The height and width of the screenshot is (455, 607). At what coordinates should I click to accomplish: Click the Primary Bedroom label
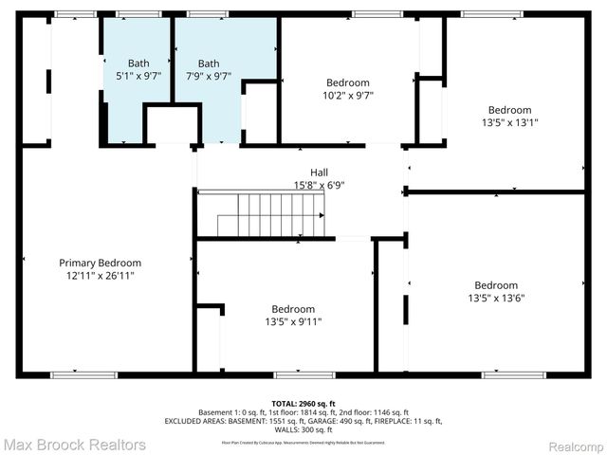100,263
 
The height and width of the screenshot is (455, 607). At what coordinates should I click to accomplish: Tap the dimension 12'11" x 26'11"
100,276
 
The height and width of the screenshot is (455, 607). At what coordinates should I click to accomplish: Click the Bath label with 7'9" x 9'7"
208,64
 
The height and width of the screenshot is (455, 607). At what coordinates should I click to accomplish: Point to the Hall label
319,173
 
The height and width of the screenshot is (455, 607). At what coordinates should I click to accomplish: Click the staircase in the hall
271,215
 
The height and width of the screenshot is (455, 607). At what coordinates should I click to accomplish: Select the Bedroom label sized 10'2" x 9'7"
348,82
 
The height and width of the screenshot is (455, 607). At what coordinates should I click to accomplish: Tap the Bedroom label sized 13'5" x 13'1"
509,109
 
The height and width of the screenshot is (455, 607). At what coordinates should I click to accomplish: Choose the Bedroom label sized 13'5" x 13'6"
496,285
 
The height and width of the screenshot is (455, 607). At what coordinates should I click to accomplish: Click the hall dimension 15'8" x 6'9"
319,186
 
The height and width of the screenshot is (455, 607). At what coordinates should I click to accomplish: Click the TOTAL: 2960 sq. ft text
303,403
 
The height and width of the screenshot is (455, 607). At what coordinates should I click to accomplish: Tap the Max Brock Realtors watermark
75,444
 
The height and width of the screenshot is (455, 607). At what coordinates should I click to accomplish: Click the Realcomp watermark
572,444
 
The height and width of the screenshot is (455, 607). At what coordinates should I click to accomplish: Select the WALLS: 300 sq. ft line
303,429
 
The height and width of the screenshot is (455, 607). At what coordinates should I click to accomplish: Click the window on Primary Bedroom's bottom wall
77,374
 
